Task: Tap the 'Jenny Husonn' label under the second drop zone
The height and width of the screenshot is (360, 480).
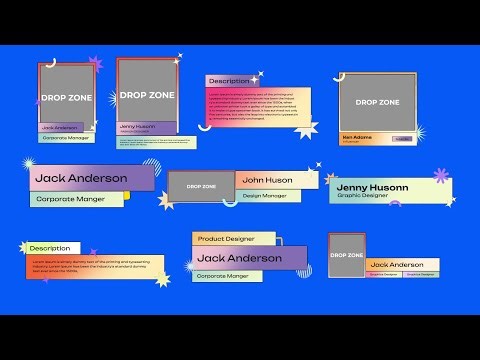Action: pos(138,126)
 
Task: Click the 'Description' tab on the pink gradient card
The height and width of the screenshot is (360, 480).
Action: pos(229,81)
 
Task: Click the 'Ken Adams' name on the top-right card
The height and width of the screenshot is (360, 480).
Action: pos(357,136)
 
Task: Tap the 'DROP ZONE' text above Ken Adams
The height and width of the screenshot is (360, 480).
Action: pos(377,102)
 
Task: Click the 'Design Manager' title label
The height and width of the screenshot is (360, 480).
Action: pos(265,195)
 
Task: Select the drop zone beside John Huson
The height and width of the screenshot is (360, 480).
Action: pos(201,186)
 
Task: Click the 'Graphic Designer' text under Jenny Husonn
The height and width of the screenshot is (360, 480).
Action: pos(362,195)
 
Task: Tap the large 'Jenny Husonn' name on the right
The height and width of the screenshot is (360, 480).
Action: pos(372,186)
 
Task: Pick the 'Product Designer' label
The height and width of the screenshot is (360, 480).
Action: pos(226,239)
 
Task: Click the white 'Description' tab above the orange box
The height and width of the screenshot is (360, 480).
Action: pos(50,248)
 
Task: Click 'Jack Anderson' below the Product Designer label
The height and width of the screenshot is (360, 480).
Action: pos(240,258)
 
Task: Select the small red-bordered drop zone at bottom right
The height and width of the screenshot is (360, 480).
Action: pos(347,254)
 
